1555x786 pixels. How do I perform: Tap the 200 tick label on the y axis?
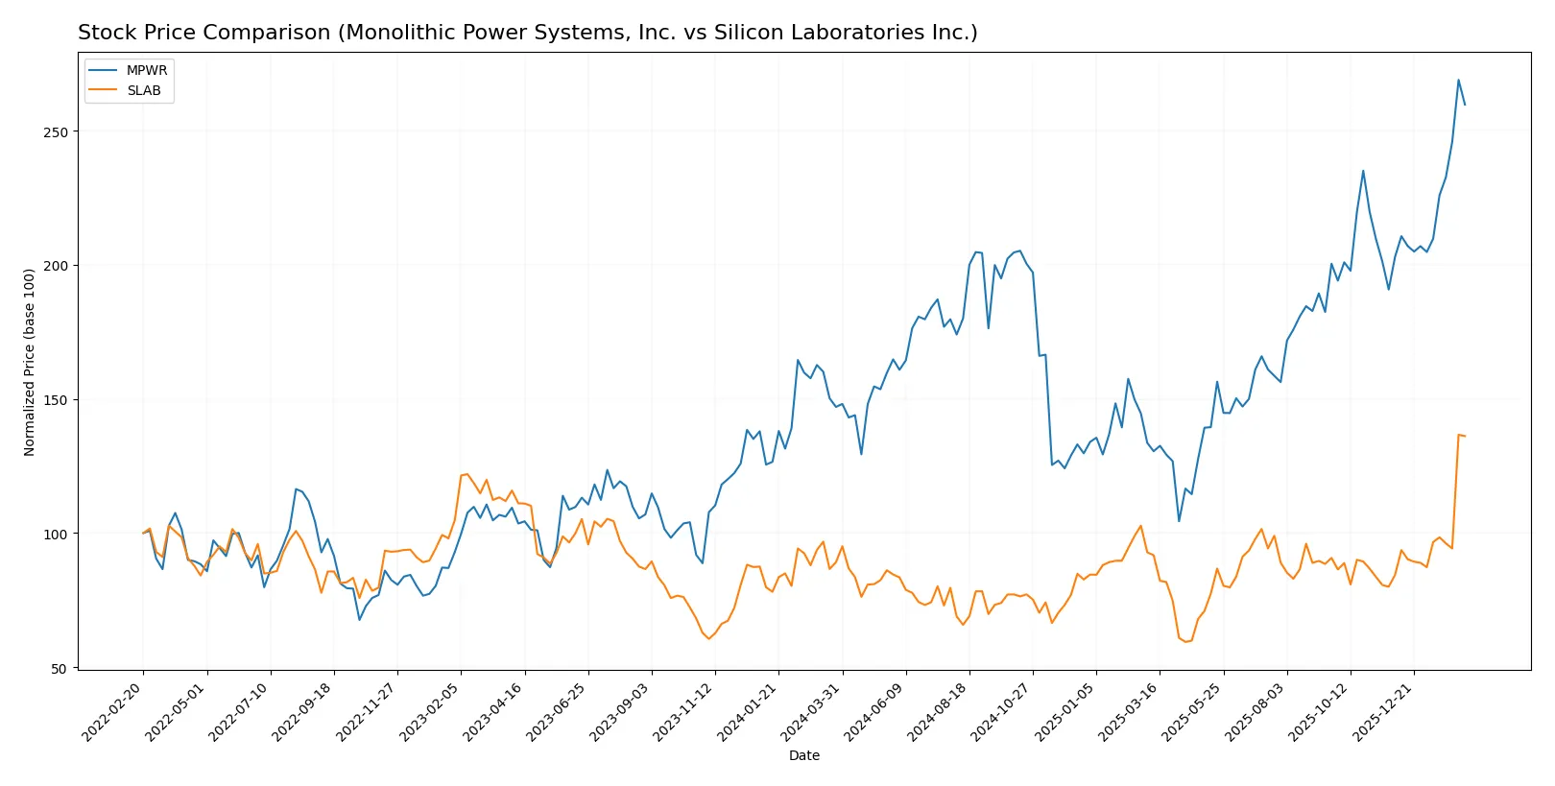tap(56, 266)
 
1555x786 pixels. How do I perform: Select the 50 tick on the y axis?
tap(60, 669)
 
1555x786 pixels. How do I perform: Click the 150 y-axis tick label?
tap(56, 400)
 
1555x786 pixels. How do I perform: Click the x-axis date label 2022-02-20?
tap(112, 711)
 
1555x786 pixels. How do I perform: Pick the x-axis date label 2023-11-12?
tap(684, 711)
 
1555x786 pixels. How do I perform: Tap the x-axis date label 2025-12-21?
tap(1383, 711)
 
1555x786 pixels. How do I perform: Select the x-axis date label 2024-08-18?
tap(939, 711)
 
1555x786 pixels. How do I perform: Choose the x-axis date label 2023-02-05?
tap(430, 711)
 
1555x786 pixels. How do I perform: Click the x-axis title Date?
tap(803, 755)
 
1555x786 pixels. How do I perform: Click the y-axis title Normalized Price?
tap(29, 362)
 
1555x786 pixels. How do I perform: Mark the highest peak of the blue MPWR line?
tap(1458, 80)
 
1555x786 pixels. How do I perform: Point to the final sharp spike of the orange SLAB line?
tap(1459, 435)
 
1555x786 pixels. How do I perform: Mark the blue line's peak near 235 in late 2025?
tap(1363, 171)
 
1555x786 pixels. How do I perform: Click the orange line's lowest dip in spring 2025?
tap(1185, 641)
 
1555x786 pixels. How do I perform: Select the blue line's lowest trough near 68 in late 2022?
tap(360, 619)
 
